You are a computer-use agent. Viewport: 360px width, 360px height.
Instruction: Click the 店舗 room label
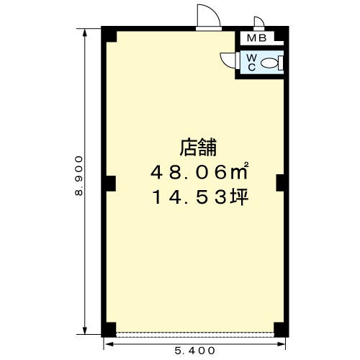(x=198, y=148)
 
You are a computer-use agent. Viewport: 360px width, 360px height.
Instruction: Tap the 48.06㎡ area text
(x=199, y=171)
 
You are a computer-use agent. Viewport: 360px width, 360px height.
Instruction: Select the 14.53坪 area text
(x=199, y=197)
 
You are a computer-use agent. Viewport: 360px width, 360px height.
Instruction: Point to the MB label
(x=256, y=38)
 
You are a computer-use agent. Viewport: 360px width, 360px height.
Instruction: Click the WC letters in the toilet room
(x=251, y=63)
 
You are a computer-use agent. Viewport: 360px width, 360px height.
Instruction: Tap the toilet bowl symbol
(x=269, y=63)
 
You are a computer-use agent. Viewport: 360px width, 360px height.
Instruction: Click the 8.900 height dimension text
(x=79, y=176)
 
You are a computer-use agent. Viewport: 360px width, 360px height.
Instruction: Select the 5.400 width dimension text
(x=194, y=351)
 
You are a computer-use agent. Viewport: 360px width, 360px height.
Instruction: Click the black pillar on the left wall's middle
(x=111, y=184)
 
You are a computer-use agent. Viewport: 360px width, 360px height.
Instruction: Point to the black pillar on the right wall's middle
(x=280, y=183)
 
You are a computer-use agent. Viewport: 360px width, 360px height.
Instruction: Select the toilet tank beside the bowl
(x=281, y=63)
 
